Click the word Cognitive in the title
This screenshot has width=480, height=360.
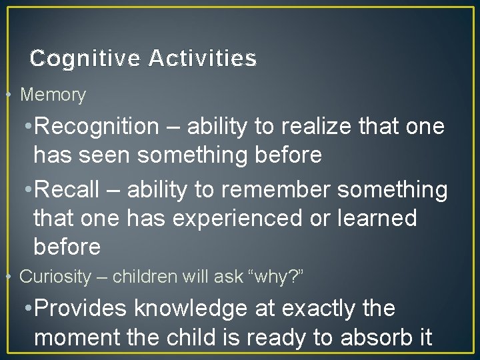coord(85,59)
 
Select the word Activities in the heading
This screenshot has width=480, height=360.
coord(203,59)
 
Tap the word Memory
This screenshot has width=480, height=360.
coord(53,95)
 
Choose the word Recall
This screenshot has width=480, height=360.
coord(70,189)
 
